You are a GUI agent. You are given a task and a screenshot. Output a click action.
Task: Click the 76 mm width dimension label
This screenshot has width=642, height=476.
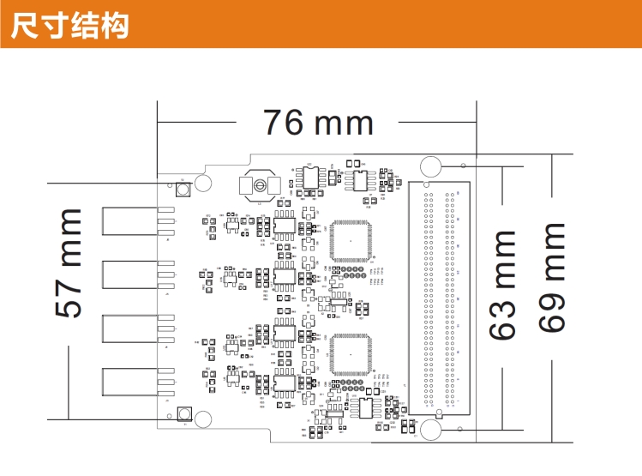coord(318,123)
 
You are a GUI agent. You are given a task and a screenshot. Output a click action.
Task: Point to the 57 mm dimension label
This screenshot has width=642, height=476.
coord(69,262)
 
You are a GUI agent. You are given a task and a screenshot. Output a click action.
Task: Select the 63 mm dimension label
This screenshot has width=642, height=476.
coord(503,284)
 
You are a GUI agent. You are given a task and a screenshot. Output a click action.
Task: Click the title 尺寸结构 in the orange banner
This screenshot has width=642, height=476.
coord(69,25)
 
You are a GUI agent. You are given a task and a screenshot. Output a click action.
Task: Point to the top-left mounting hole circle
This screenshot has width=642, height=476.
coord(204,183)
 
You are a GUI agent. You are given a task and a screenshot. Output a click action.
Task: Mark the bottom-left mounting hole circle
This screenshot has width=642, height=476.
coord(204,419)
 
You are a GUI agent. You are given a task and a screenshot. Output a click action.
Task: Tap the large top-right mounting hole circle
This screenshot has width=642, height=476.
coord(430,166)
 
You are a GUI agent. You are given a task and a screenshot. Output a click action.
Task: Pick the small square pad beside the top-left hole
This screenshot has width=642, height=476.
coord(183,190)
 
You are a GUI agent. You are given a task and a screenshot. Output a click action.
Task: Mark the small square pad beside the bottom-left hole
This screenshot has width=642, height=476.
coord(183,413)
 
